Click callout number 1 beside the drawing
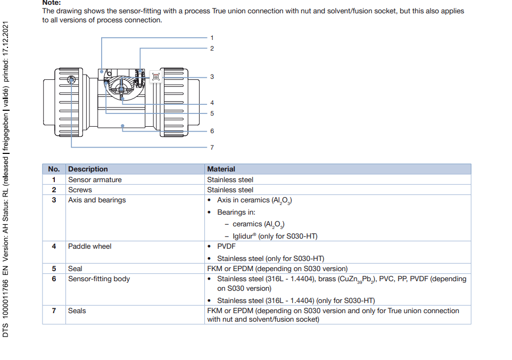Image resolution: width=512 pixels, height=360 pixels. click(212, 38)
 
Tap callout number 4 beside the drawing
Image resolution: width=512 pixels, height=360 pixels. click(212, 103)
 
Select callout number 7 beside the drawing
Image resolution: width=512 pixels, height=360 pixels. click(212, 148)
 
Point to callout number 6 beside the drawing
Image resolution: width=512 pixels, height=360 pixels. click(212, 131)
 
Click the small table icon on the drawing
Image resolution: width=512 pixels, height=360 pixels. click(156, 77)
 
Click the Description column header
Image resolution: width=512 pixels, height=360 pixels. click(88, 169)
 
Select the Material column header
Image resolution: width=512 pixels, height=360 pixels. click(221, 169)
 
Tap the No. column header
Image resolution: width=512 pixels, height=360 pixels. click(54, 169)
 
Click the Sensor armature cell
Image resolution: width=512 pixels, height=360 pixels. click(95, 180)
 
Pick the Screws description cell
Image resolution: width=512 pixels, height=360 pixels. click(80, 190)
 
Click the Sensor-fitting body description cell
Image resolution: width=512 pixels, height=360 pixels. click(99, 279)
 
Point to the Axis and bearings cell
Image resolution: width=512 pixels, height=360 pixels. click(97, 200)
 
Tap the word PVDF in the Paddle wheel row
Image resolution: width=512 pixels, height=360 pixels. click(226, 247)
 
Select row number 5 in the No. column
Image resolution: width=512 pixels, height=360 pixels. click(54, 269)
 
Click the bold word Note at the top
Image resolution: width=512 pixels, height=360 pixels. click(52, 3)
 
